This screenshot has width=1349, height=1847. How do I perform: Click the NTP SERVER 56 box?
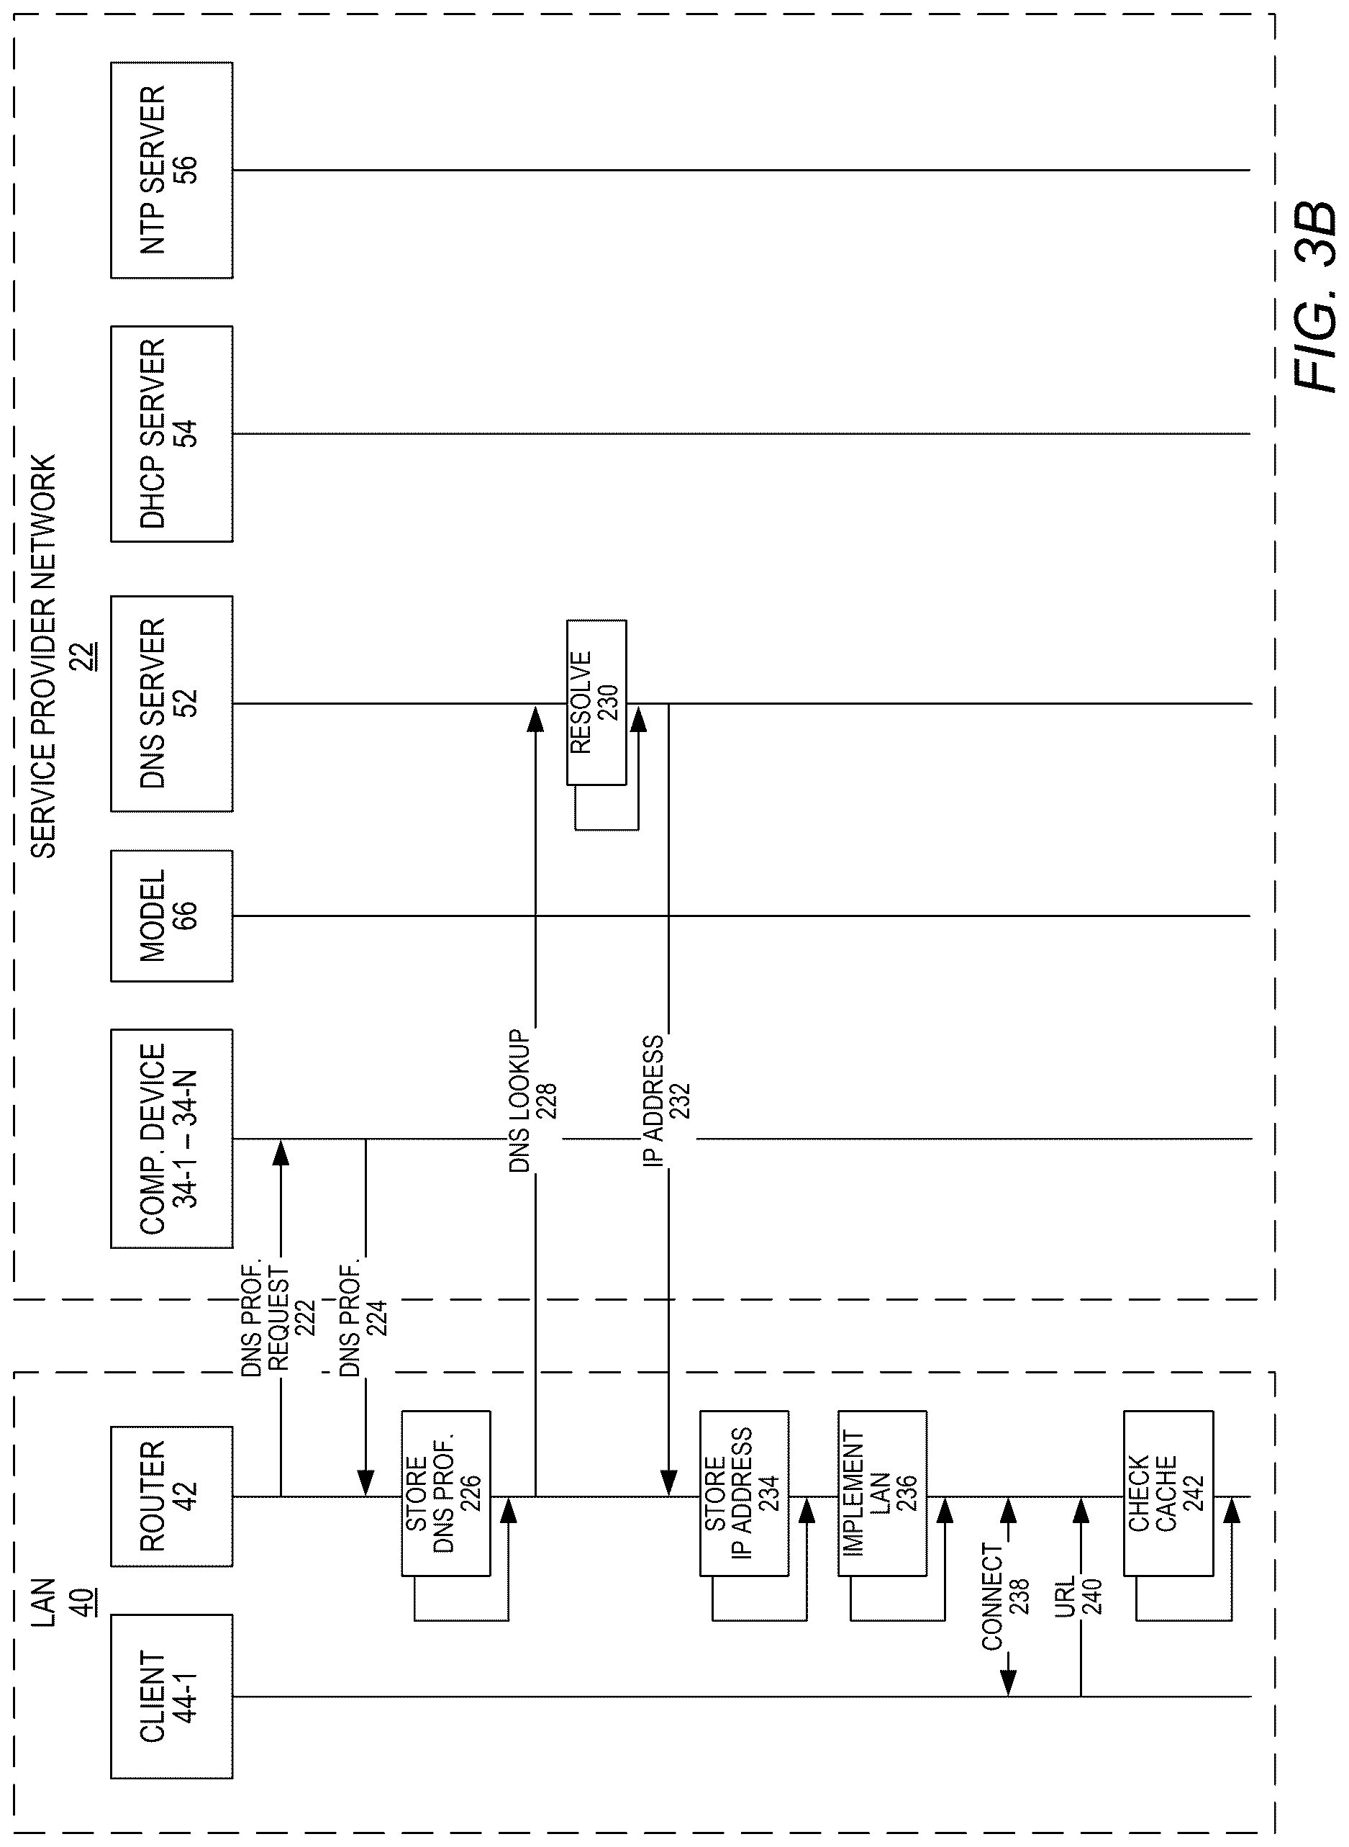(x=171, y=170)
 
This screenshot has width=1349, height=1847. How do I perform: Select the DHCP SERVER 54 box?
(x=171, y=434)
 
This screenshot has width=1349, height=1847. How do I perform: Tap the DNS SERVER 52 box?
(x=171, y=703)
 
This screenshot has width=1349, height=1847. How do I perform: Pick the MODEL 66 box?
(x=171, y=916)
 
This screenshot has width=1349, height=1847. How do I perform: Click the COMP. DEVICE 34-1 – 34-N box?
(x=171, y=1138)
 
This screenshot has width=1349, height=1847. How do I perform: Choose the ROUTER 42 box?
(x=171, y=1496)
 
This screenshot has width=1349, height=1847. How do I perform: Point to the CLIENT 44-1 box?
(x=171, y=1697)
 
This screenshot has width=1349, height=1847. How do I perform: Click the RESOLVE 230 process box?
(x=597, y=703)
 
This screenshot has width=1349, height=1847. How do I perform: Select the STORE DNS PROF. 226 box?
(x=446, y=1494)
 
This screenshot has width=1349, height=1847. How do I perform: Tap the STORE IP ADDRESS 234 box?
(x=744, y=1494)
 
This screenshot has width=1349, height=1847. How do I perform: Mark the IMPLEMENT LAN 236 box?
(x=882, y=1494)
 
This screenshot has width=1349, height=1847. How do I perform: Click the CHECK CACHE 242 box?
(x=1168, y=1494)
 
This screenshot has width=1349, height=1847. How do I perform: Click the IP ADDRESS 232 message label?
(x=666, y=1101)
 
